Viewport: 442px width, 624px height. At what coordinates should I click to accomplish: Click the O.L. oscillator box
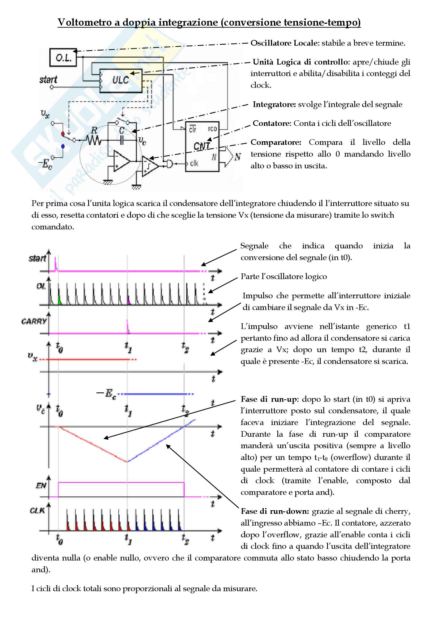point(63,57)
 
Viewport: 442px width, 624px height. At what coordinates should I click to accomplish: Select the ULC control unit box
point(121,81)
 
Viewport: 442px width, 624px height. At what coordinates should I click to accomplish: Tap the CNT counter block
point(202,146)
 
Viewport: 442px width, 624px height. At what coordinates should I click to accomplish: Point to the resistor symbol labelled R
point(94,140)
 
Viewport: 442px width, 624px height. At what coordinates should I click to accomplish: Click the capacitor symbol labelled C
point(122,140)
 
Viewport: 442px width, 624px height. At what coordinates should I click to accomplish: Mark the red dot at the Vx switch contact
point(63,134)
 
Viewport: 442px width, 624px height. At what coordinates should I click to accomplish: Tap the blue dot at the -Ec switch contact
point(63,146)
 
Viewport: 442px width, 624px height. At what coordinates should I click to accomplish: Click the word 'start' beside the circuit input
point(48,80)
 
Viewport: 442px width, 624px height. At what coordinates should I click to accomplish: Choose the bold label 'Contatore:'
point(272,124)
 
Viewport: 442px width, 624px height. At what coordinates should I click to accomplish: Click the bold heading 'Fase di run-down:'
point(275,511)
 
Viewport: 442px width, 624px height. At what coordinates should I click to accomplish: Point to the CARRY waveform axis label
point(34,321)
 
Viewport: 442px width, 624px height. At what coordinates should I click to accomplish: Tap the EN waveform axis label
point(41,485)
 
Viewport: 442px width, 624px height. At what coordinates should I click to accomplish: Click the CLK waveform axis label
point(37,510)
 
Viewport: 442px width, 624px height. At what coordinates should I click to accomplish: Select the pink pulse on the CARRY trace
point(128,325)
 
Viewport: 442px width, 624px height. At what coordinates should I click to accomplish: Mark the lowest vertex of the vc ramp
point(127,462)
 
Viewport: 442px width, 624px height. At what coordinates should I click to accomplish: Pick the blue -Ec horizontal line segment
point(155,394)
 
